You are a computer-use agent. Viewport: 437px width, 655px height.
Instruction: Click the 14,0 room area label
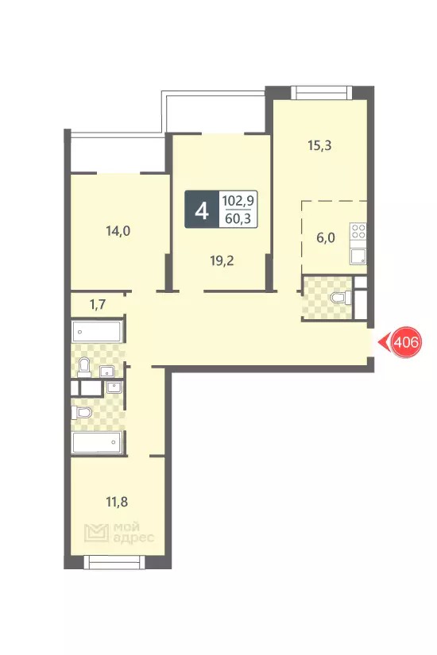click(x=118, y=231)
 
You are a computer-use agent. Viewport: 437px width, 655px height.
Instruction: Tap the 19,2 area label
click(x=222, y=261)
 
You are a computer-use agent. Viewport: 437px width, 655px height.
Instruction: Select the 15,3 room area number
click(x=319, y=146)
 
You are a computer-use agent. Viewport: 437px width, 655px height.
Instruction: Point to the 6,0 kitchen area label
click(x=326, y=238)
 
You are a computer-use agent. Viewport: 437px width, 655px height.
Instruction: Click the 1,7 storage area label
click(x=98, y=305)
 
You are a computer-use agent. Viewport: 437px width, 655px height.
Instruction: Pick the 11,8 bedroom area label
click(x=117, y=502)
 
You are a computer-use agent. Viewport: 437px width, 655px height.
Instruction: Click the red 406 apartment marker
click(x=406, y=342)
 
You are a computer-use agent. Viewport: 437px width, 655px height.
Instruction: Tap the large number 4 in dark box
click(x=202, y=210)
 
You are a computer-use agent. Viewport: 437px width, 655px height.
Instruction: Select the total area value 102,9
click(x=238, y=201)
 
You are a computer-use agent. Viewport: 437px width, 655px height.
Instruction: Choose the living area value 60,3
click(x=238, y=218)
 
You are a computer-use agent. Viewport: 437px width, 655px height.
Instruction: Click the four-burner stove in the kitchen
click(x=358, y=231)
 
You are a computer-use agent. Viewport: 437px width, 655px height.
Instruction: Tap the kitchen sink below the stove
click(x=358, y=256)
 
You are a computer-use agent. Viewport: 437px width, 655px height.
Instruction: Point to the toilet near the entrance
click(x=342, y=299)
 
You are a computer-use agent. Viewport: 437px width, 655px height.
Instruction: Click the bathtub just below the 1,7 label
click(x=97, y=332)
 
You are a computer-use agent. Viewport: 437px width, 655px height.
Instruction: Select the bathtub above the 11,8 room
click(x=97, y=443)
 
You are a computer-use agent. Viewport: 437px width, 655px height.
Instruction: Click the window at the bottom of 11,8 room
click(x=114, y=562)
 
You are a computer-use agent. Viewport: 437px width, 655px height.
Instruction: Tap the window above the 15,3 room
click(x=321, y=92)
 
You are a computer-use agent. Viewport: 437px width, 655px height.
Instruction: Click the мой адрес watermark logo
click(x=119, y=533)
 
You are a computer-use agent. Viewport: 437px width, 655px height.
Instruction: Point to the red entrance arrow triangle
click(x=384, y=342)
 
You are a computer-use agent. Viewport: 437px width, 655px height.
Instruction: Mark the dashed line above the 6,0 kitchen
click(x=335, y=202)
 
